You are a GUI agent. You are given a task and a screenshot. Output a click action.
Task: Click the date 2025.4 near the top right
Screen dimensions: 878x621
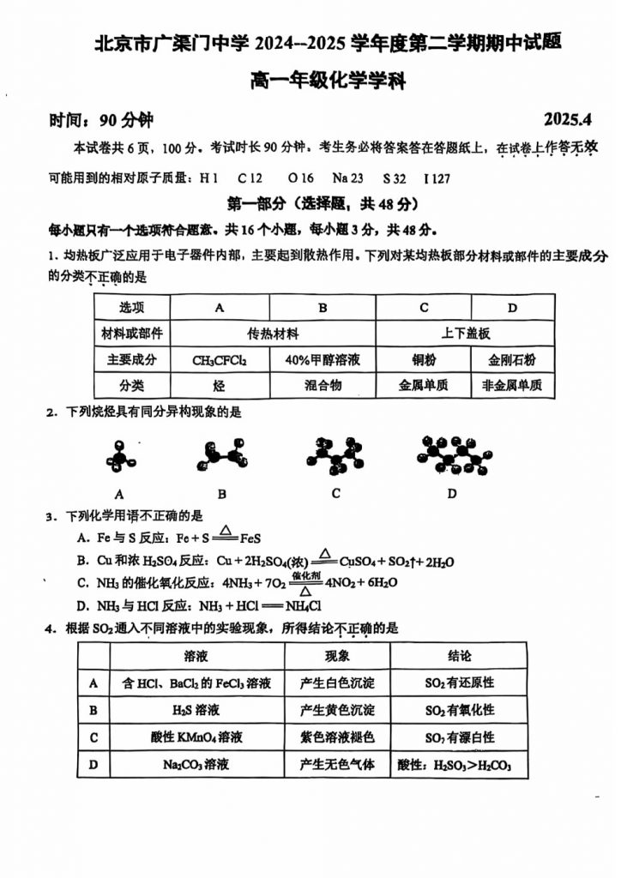(x=568, y=117)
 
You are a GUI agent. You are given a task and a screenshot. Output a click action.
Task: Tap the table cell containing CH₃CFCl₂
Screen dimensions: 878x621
(x=220, y=360)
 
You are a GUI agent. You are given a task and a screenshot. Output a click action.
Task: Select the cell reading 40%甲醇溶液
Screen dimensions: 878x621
(x=323, y=360)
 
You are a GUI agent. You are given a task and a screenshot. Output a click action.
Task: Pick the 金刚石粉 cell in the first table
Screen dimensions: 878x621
(x=512, y=360)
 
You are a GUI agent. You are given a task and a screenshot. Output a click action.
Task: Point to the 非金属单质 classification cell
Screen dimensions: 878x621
(x=512, y=386)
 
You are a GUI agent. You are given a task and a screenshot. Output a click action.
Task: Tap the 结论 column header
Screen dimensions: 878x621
(x=460, y=656)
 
